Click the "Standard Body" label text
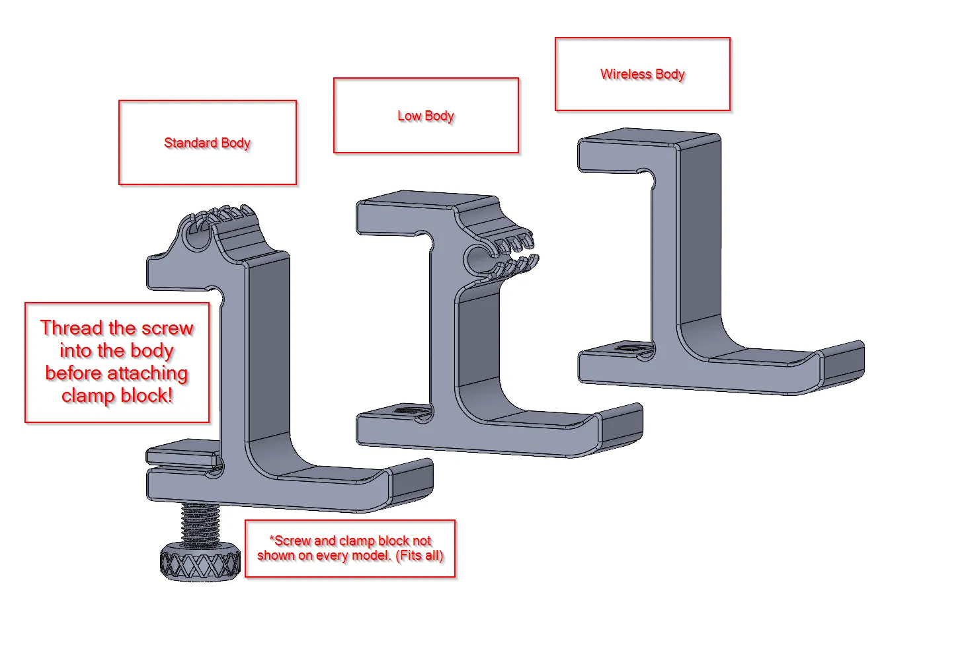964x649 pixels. click(x=207, y=143)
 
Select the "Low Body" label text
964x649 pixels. click(x=426, y=116)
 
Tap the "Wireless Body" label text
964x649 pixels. click(x=642, y=74)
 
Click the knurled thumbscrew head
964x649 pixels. click(x=200, y=564)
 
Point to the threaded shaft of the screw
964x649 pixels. click(x=200, y=523)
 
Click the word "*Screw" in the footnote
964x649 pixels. click(x=291, y=541)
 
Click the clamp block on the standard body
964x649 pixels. click(x=183, y=455)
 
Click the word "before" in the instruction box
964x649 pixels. click(x=73, y=373)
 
